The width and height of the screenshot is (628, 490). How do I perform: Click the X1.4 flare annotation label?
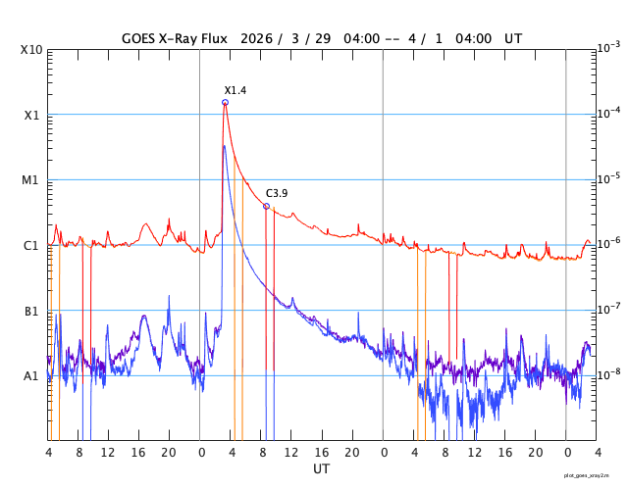pyautogui.click(x=235, y=90)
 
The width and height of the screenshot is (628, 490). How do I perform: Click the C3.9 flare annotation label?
pyautogui.click(x=277, y=193)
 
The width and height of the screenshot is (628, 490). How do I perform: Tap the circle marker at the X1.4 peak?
pyautogui.click(x=226, y=102)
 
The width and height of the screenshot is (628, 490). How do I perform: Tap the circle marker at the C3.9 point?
pyautogui.click(x=266, y=206)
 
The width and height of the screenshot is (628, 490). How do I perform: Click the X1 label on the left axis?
pyautogui.click(x=31, y=115)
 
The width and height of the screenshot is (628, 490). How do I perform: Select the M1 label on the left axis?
pyautogui.click(x=31, y=180)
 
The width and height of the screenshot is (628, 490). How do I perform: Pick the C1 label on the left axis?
pyautogui.click(x=31, y=246)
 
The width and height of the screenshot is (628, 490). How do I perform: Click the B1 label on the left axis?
pyautogui.click(x=31, y=312)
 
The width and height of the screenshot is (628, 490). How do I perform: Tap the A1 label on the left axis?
pyautogui.click(x=31, y=376)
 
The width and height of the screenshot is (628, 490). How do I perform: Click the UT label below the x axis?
pyautogui.click(x=322, y=468)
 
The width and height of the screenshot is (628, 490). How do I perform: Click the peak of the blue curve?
pyautogui.click(x=225, y=146)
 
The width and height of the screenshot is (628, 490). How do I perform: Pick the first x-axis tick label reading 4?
pyautogui.click(x=49, y=453)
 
